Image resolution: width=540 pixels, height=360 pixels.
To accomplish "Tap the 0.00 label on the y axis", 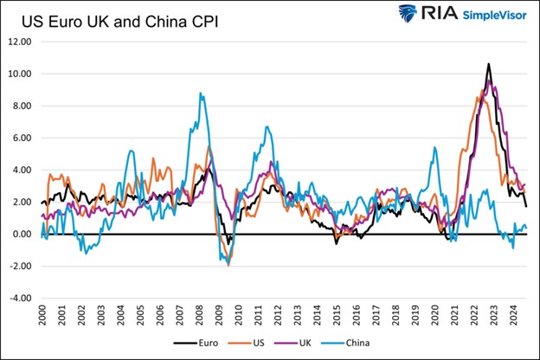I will (x=23, y=235).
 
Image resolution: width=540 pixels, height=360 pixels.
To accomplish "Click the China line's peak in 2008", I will (x=201, y=93).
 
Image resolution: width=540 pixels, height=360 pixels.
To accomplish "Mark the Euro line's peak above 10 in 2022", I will (x=489, y=64).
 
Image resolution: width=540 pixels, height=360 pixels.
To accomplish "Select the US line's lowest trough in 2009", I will (x=228, y=265).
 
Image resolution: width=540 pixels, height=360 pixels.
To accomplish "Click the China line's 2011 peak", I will (x=268, y=127).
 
